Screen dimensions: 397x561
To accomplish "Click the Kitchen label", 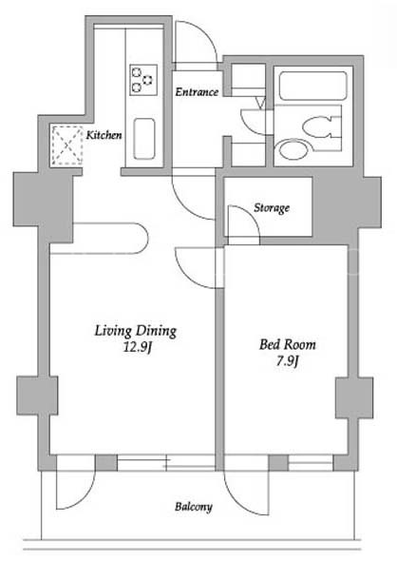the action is pyautogui.click(x=104, y=135).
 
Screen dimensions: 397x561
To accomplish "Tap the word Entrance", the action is pyautogui.click(x=197, y=92).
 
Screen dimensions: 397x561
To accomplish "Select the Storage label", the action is pyautogui.click(x=272, y=207).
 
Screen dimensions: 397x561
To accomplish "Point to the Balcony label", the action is pyautogui.click(x=194, y=506).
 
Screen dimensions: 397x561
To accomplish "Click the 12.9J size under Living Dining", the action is pyautogui.click(x=138, y=347).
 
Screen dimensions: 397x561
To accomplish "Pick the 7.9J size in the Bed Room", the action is pyautogui.click(x=287, y=360).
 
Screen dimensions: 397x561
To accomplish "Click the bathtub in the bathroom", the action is pyautogui.click(x=313, y=86).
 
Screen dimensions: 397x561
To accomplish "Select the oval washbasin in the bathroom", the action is pyautogui.click(x=293, y=149).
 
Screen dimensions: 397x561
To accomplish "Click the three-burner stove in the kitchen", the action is pyautogui.click(x=143, y=80).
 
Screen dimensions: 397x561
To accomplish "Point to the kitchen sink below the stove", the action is pyautogui.click(x=144, y=139).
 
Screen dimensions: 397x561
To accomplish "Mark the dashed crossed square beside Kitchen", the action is pyautogui.click(x=67, y=145).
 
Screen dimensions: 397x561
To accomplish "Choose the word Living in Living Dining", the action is pyautogui.click(x=113, y=331).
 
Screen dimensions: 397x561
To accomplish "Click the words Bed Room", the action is pyautogui.click(x=288, y=344).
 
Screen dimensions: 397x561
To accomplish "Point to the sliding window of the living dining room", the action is pyautogui.click(x=166, y=463).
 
